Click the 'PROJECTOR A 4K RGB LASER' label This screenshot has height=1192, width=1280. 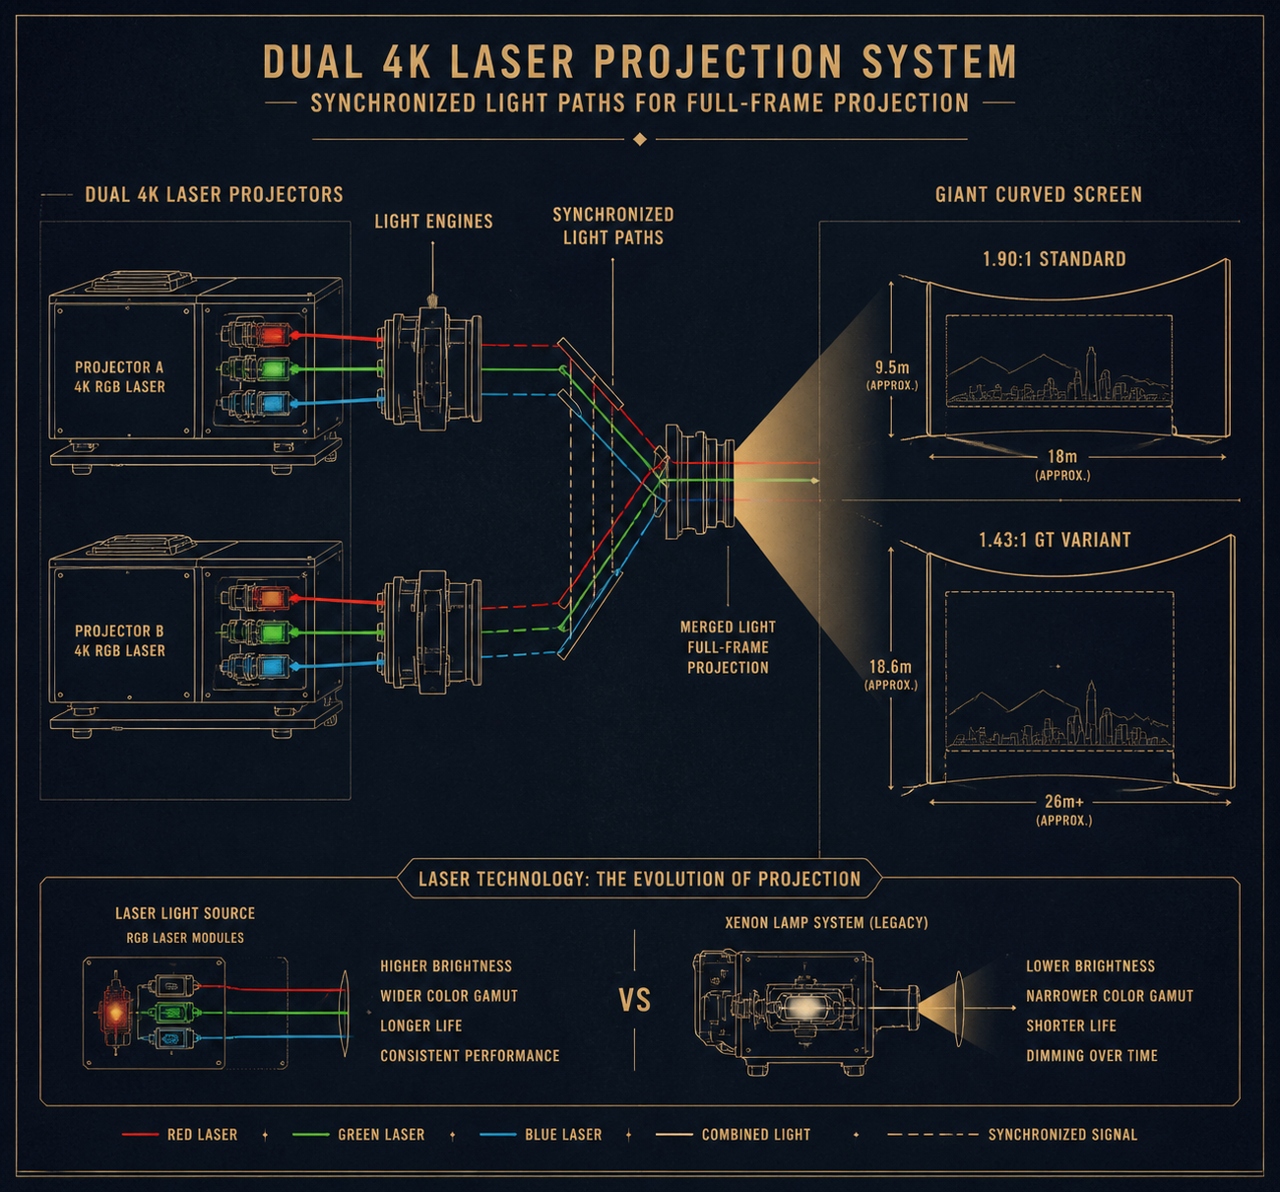[119, 376]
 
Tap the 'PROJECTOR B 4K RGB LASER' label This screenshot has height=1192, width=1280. [119, 640]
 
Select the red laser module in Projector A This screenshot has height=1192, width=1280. [271, 335]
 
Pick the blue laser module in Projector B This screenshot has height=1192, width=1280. [271, 667]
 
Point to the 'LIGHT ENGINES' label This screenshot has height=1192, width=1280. [433, 222]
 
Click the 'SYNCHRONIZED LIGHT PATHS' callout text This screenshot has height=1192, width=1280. [612, 226]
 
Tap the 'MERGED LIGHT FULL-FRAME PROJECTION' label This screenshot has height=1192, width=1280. [728, 647]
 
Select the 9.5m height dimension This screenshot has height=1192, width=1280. [892, 374]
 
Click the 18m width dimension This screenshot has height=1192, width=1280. [1062, 464]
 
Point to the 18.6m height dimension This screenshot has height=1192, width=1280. [890, 674]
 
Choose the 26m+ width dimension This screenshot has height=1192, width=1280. [1064, 809]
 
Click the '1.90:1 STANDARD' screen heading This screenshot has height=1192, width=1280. [1054, 259]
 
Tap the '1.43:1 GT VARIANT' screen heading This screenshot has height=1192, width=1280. [1055, 540]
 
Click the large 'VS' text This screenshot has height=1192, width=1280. [635, 1001]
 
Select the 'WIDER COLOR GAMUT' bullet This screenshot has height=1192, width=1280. [449, 996]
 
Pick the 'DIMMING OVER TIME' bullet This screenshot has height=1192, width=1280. [1091, 1055]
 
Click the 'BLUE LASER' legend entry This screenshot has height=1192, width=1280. [562, 1135]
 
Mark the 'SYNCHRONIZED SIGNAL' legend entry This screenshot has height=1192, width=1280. [1062, 1135]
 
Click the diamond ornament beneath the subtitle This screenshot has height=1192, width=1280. [640, 139]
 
